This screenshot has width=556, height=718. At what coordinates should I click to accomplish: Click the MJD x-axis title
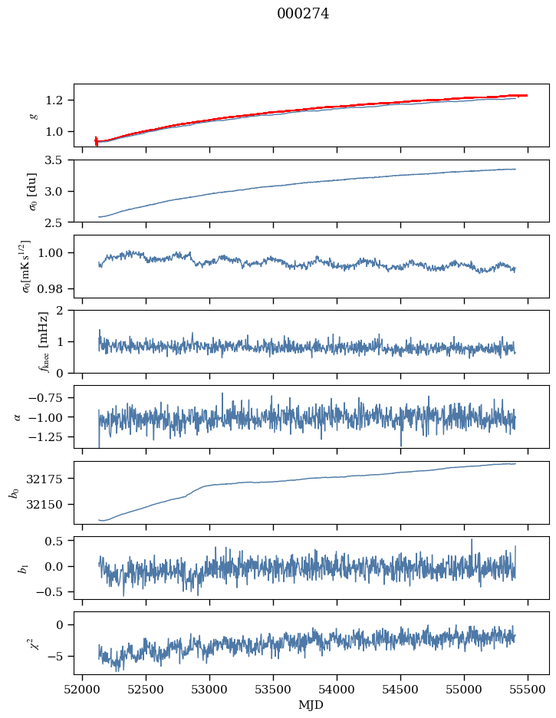click(311, 705)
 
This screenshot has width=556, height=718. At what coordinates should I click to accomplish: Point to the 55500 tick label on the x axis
click(528, 690)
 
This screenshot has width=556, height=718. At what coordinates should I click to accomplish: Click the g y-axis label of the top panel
click(33, 115)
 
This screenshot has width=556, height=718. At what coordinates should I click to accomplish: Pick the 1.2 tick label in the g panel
click(58, 100)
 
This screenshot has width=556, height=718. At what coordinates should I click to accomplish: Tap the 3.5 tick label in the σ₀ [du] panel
click(58, 160)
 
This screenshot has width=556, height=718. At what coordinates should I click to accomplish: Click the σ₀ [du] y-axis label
click(33, 190)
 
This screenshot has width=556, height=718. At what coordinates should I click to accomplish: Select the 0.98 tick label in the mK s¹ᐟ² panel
click(55, 289)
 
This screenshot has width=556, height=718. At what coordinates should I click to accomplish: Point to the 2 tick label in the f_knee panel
click(64, 311)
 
